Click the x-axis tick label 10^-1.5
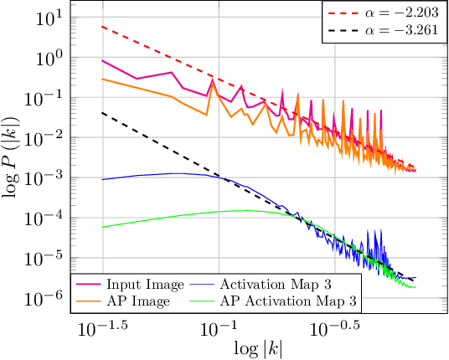click(x=103, y=324)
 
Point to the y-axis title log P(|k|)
click(x=15, y=154)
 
